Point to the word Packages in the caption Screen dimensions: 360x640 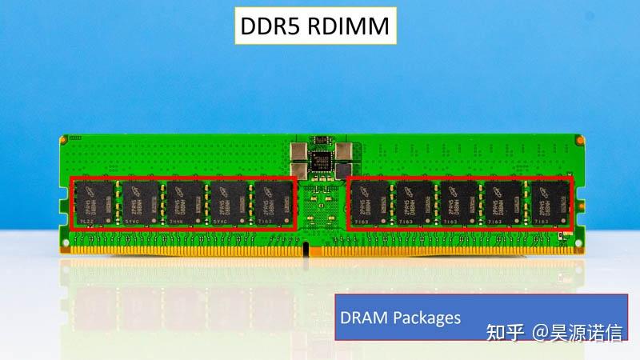click(427, 318)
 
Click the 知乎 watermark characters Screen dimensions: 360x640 click(506, 332)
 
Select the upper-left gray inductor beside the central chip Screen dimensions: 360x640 click(299, 150)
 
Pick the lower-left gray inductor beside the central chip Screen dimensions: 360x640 click(299, 169)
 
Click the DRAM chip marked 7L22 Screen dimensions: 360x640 click(95, 203)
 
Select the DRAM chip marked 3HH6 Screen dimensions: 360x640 click(183, 203)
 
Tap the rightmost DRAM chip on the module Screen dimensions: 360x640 click(549, 203)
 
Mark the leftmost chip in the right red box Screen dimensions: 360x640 click(371, 203)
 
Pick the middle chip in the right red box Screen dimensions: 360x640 click(460, 203)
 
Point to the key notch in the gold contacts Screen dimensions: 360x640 click(306, 250)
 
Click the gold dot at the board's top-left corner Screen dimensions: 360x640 click(63, 139)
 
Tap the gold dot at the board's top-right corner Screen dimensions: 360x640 click(578, 139)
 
